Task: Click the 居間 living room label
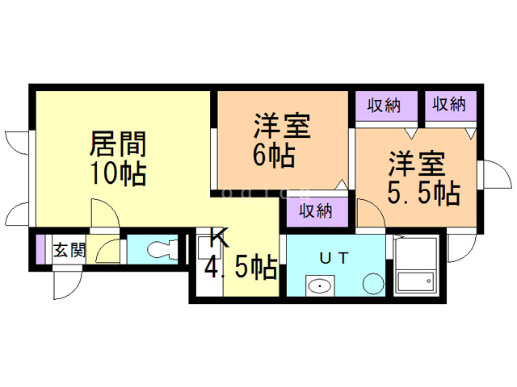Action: click(x=117, y=145)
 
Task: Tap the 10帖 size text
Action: click(x=117, y=173)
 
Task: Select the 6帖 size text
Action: click(x=273, y=155)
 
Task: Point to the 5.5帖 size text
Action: click(x=424, y=193)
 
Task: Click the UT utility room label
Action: click(x=333, y=258)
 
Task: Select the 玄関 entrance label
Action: click(x=69, y=250)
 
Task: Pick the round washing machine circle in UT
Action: click(x=373, y=284)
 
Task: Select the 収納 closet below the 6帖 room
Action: click(x=316, y=211)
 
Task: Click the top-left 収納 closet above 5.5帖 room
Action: click(x=386, y=105)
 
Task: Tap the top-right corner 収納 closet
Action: click(x=449, y=104)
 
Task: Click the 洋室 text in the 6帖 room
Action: click(x=282, y=127)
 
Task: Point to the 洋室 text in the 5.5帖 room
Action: click(x=416, y=164)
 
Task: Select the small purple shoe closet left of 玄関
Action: click(x=41, y=250)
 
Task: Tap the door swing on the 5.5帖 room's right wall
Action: click(x=488, y=173)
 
